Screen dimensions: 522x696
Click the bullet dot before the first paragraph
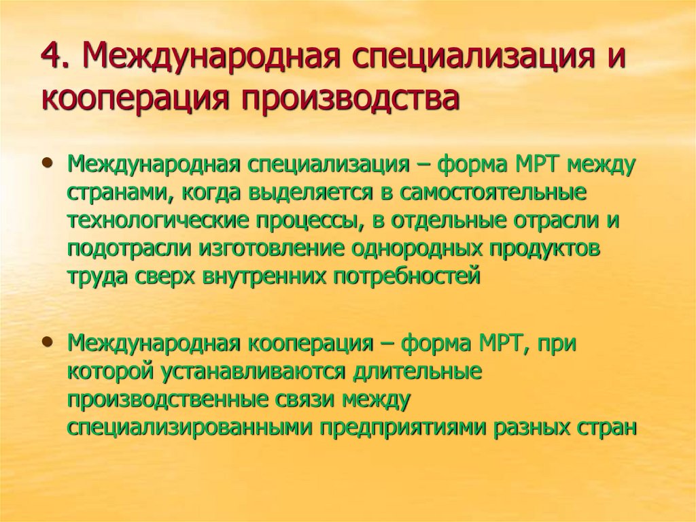point(47,165)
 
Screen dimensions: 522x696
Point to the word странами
point(109,194)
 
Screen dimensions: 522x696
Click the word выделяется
point(297,193)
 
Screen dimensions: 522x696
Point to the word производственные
point(169,400)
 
